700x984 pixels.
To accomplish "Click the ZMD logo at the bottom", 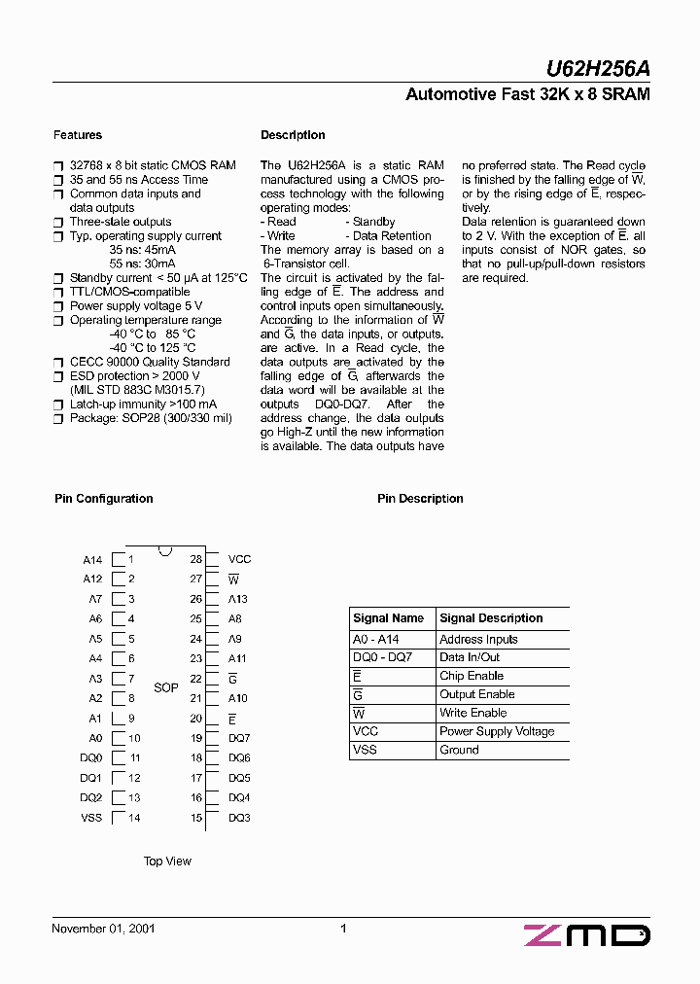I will pyautogui.click(x=587, y=935).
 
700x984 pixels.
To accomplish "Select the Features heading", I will pyautogui.click(x=78, y=135).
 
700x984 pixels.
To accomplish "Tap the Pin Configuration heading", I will pyautogui.click(x=104, y=499).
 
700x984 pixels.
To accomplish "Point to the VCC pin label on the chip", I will pyautogui.click(x=239, y=559).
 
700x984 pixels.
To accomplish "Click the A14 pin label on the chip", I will pyautogui.click(x=92, y=560).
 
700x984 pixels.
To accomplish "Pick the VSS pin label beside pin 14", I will pyautogui.click(x=91, y=818).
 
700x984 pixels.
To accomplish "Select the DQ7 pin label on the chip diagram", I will pyautogui.click(x=239, y=738).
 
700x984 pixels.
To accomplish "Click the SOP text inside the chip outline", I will pyautogui.click(x=166, y=687).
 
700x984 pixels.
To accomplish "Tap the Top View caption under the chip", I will pyautogui.click(x=167, y=861).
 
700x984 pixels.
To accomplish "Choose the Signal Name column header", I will pyautogui.click(x=389, y=618).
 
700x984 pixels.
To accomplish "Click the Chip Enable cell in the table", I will pyautogui.click(x=472, y=676).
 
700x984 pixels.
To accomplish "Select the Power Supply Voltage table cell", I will pyautogui.click(x=497, y=731).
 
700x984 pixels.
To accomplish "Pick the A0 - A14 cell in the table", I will pyautogui.click(x=376, y=640).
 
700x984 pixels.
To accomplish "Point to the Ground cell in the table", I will pyautogui.click(x=459, y=750).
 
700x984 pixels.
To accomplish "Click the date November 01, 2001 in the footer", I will pyautogui.click(x=103, y=929).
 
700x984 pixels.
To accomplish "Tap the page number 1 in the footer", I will pyautogui.click(x=344, y=929).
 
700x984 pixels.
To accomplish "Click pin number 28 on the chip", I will pyautogui.click(x=196, y=559).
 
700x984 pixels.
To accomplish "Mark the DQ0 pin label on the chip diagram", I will pyautogui.click(x=91, y=757).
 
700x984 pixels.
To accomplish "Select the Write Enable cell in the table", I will pyautogui.click(x=473, y=713).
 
